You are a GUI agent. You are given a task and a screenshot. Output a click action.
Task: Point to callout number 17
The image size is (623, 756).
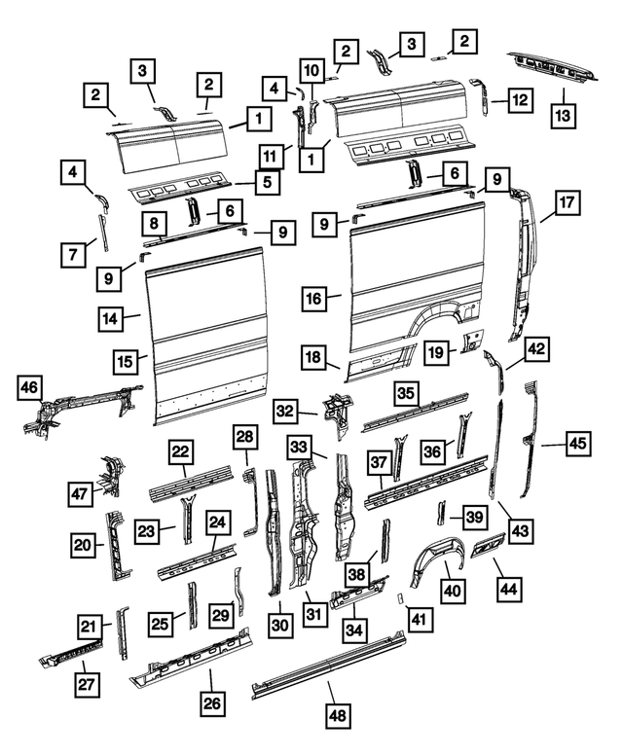(568, 204)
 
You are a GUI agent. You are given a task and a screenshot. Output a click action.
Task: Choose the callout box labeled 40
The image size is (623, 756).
(451, 590)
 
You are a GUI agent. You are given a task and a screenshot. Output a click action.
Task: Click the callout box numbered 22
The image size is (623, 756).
(181, 451)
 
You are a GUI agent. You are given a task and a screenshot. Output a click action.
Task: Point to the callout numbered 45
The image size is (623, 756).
(578, 444)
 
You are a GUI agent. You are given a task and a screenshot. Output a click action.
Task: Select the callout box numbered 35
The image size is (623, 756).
(405, 393)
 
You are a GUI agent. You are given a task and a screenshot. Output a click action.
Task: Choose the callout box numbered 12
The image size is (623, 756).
(521, 99)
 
